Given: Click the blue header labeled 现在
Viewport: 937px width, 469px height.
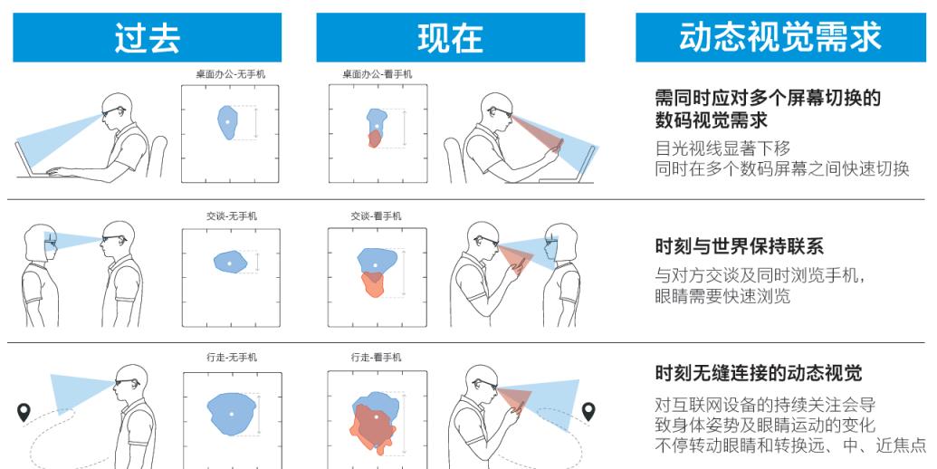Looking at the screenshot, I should click(450, 37).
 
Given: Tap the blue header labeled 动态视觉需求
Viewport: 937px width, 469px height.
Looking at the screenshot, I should click(779, 37).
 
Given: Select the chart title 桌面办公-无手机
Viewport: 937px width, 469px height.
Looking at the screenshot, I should click(231, 74).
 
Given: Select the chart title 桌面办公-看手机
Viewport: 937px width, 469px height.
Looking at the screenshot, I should click(377, 74).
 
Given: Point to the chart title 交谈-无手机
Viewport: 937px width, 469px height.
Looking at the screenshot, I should click(231, 216).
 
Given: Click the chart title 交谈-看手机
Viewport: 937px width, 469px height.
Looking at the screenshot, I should click(377, 216).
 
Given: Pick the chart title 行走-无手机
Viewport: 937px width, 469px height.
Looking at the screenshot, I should click(231, 358).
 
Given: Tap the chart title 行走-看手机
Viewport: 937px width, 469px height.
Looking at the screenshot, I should click(377, 358).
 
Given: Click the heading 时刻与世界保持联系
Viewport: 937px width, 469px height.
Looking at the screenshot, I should click(739, 247).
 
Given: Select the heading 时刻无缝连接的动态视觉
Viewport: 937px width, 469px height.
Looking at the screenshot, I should click(758, 373).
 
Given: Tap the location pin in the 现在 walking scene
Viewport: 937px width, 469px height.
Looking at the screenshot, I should click(588, 412).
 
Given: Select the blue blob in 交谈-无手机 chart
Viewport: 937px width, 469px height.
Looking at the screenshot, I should click(230, 262).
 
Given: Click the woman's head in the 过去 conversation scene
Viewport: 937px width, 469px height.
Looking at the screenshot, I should click(42, 237).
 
